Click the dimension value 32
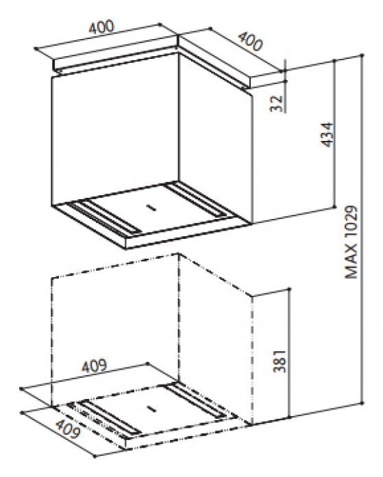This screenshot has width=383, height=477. point(276,103)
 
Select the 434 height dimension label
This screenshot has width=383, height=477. point(328,135)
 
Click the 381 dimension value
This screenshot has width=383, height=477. point(280,361)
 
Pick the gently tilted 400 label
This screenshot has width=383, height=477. point(101,27)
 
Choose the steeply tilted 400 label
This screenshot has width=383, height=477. point(249,41)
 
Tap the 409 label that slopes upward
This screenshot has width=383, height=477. point(94,365)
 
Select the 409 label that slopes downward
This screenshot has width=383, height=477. point(69,428)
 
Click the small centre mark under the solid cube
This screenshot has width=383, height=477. point(151,208)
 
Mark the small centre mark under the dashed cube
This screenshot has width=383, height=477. point(151,409)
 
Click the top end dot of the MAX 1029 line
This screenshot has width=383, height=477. point(362,55)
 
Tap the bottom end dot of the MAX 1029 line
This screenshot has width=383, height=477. point(362,403)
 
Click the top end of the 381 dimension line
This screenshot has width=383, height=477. point(289,288)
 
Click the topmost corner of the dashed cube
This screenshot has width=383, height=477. point(179,253)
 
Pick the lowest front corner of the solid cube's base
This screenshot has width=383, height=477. point(126,249)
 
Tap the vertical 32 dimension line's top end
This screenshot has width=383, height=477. point(285,60)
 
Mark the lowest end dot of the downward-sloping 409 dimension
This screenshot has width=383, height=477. point(95,456)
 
